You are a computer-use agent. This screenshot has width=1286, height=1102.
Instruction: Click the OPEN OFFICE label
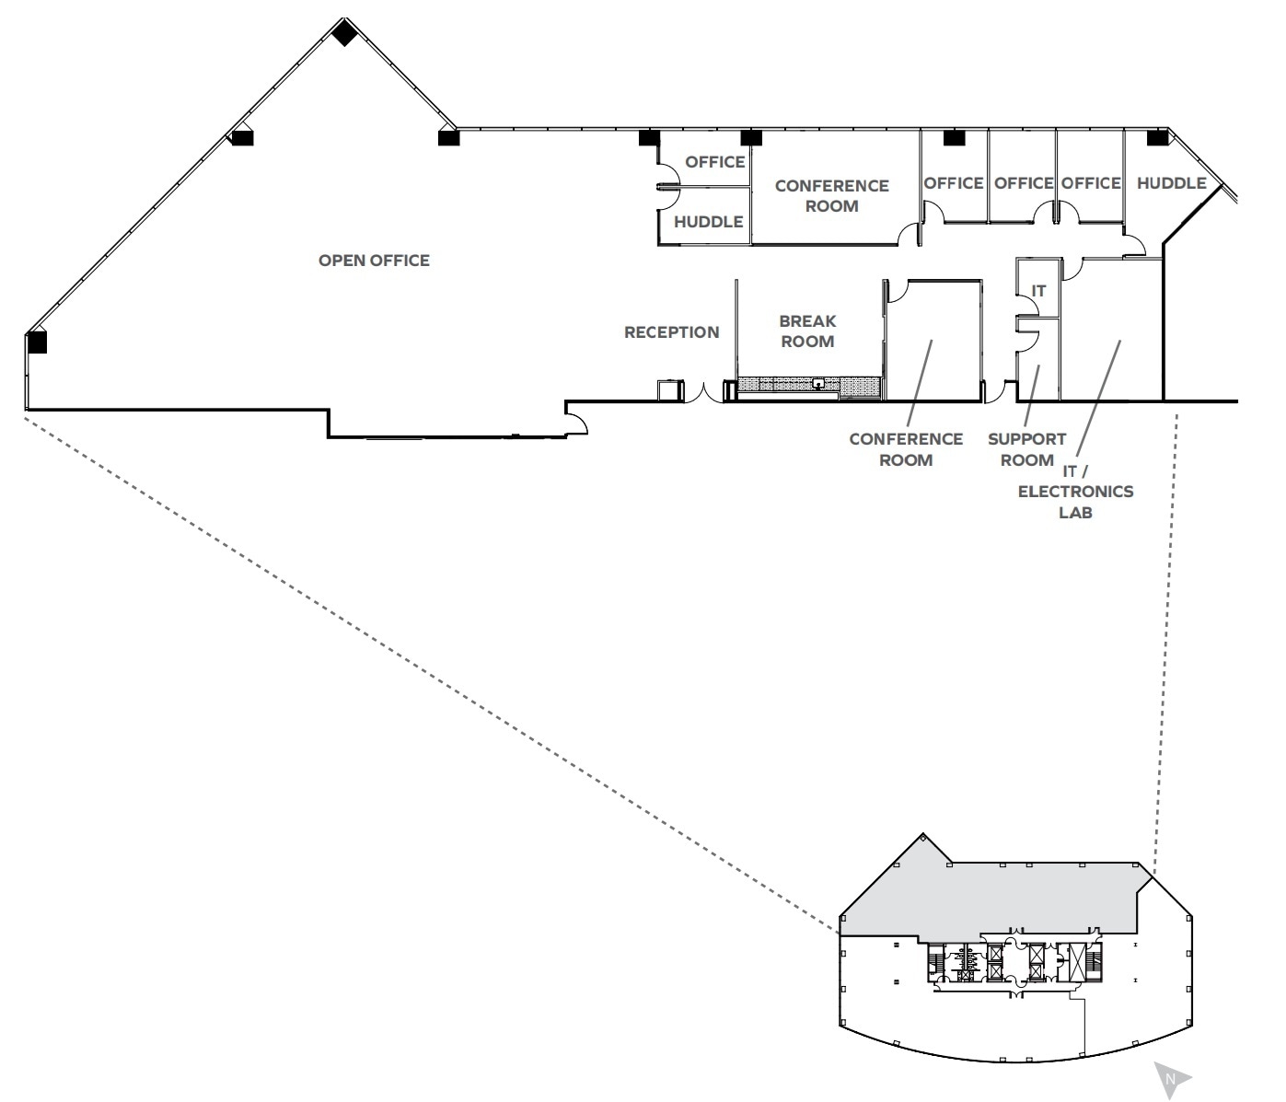pyautogui.click(x=374, y=261)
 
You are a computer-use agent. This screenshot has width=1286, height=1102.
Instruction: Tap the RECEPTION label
pyautogui.click(x=671, y=332)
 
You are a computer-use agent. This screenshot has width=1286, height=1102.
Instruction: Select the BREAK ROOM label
pyautogui.click(x=807, y=331)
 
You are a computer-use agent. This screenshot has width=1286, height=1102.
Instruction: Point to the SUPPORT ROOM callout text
pyautogui.click(x=1026, y=449)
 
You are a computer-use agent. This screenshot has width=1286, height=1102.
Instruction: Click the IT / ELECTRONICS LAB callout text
pyautogui.click(x=1075, y=492)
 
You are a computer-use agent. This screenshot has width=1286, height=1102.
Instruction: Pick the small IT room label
pyautogui.click(x=1038, y=291)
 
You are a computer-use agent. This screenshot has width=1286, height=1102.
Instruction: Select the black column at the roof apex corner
pyautogui.click(x=344, y=34)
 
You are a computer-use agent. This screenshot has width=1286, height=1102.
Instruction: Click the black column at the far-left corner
pyautogui.click(x=37, y=342)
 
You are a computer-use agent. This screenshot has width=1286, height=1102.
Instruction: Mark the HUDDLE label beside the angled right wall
pyautogui.click(x=1171, y=183)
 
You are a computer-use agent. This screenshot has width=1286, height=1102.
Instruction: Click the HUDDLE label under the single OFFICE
pyautogui.click(x=708, y=222)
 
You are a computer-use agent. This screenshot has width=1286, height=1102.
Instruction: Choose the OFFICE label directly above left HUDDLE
pyautogui.click(x=714, y=162)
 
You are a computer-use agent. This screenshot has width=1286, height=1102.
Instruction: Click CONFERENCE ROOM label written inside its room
pyautogui.click(x=831, y=196)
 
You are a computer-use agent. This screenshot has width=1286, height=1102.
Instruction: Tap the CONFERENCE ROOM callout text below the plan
pyautogui.click(x=906, y=449)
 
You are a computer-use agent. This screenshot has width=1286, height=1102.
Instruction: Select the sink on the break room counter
pyautogui.click(x=817, y=382)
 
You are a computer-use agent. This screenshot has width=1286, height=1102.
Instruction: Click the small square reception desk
pyautogui.click(x=669, y=390)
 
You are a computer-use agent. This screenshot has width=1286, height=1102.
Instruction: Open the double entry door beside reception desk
pyautogui.click(x=704, y=394)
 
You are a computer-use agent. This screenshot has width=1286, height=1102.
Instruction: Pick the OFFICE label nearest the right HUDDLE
pyautogui.click(x=1090, y=183)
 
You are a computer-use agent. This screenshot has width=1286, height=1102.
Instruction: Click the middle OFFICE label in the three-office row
pyautogui.click(x=1023, y=183)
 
